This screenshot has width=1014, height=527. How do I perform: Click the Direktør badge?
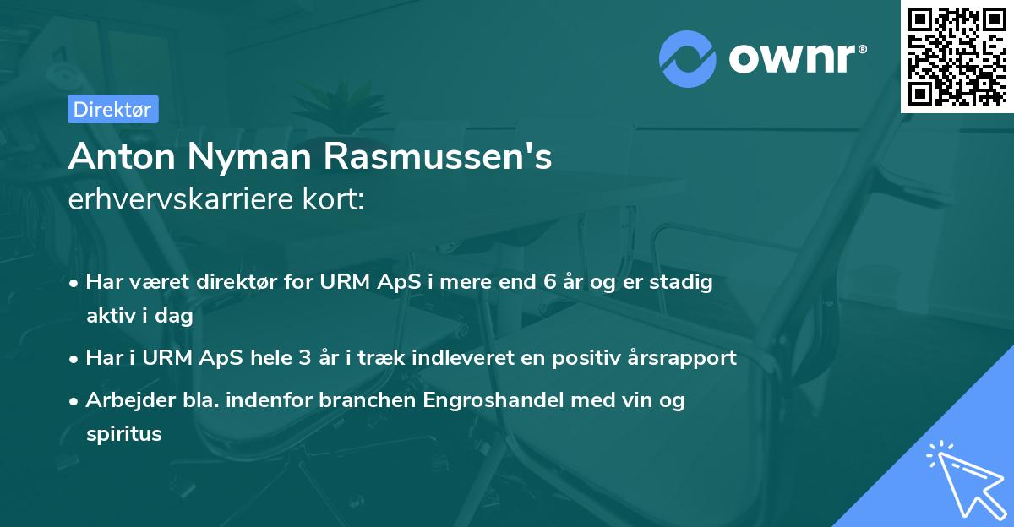(112, 109)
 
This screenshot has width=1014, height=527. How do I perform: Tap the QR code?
(957, 56)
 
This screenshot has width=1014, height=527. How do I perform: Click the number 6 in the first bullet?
(550, 282)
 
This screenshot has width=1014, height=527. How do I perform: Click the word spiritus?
(123, 434)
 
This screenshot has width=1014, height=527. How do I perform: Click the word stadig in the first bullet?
(680, 282)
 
